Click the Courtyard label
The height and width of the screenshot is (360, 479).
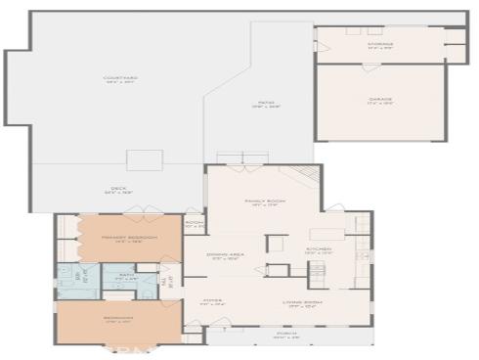point(120,79)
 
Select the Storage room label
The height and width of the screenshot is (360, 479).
point(380,45)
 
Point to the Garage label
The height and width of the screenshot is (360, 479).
point(380,101)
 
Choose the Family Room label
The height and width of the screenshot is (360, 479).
point(262,202)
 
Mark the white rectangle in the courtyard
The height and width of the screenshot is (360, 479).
point(144,159)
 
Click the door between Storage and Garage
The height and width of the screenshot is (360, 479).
point(371,65)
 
